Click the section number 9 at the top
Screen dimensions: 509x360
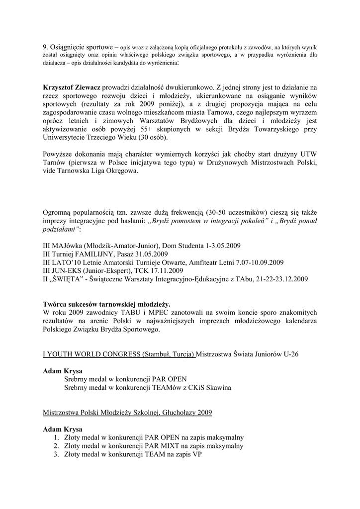coord(45,47)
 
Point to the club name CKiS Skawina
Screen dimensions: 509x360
coord(206,387)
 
